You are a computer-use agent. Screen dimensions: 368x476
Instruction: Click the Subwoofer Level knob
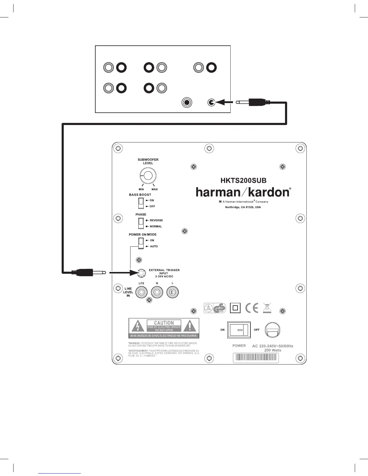click(x=148, y=175)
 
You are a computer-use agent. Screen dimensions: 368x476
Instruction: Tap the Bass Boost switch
click(x=141, y=203)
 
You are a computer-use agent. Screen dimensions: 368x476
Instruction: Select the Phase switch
click(x=141, y=223)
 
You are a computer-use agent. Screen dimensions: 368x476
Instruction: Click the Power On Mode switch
click(x=141, y=243)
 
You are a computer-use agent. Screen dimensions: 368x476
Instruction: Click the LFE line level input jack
click(x=142, y=292)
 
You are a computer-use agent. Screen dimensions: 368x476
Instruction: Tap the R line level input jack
click(x=157, y=292)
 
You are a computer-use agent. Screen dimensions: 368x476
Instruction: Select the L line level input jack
click(x=173, y=292)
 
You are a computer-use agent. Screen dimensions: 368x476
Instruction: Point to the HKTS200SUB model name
click(x=243, y=181)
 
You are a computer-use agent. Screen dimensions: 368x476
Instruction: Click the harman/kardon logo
click(x=243, y=192)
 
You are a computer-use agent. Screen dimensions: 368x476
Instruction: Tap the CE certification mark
click(x=252, y=308)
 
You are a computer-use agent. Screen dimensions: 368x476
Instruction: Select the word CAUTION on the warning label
click(x=164, y=323)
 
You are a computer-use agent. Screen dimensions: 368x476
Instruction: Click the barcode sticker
click(x=256, y=358)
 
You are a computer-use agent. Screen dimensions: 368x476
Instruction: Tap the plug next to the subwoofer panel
click(x=89, y=273)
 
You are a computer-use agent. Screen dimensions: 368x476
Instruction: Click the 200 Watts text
click(x=273, y=350)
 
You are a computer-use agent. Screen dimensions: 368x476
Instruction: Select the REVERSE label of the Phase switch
click(x=156, y=220)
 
